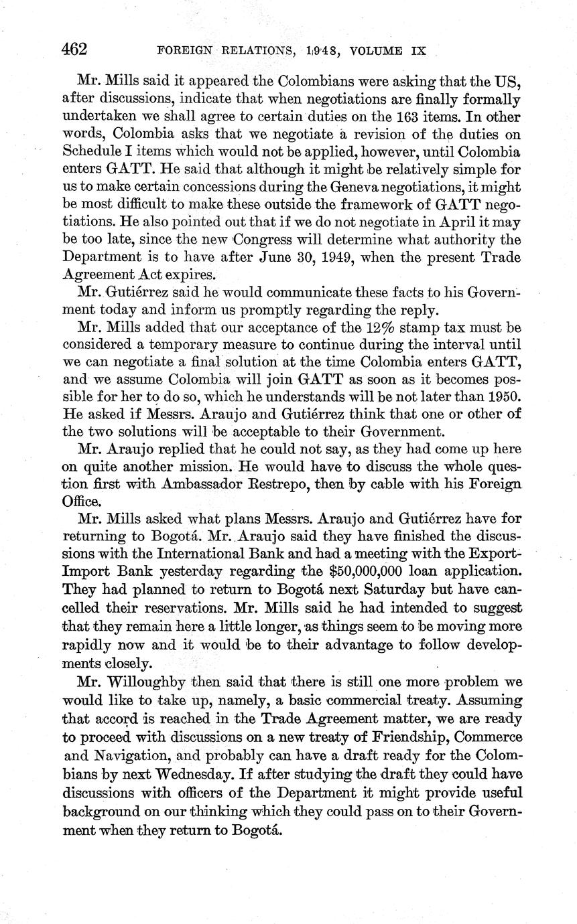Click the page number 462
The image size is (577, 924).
click(x=75, y=49)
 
